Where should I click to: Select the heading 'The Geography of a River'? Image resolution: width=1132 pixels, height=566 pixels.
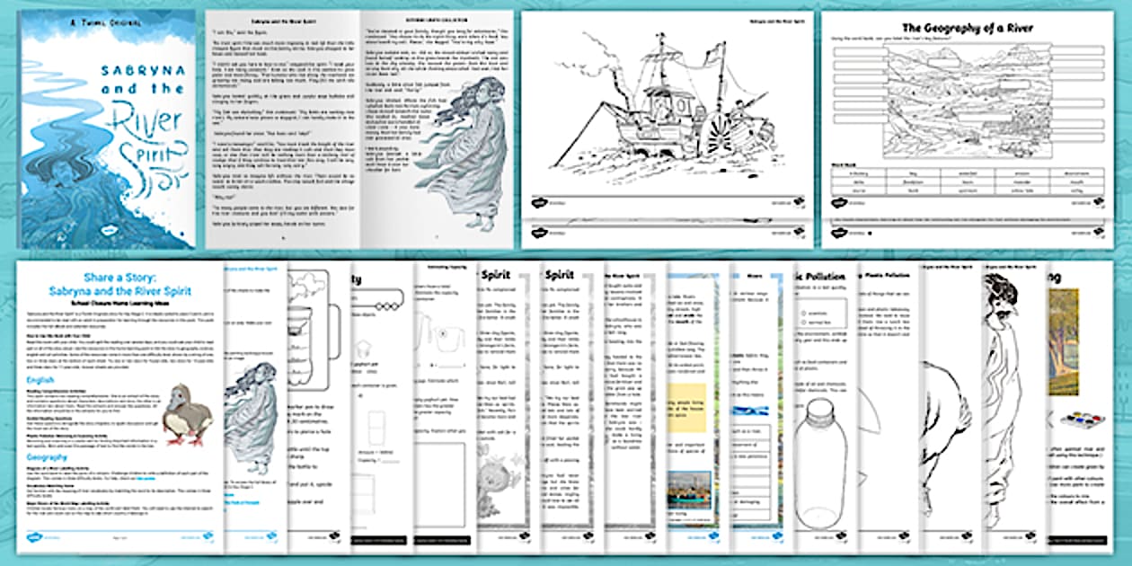tap(968, 29)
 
